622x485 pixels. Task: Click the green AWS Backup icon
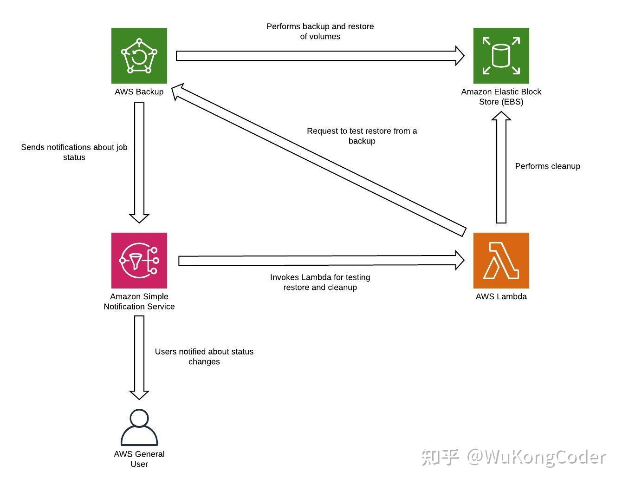[139, 56]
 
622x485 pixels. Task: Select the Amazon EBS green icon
[501, 56]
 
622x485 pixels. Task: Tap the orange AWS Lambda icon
[501, 261]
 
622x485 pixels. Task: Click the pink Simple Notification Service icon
[139, 261]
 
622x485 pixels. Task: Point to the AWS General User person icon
[139, 427]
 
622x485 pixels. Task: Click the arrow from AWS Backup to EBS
[320, 56]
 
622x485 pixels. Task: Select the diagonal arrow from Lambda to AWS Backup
[318, 159]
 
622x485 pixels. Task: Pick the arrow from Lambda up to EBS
[501, 167]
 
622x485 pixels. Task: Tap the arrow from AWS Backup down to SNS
[139, 163]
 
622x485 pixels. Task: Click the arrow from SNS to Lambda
[321, 261]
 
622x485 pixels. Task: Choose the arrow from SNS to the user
[139, 358]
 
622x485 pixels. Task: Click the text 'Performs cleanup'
[547, 166]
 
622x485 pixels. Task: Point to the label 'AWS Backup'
[139, 92]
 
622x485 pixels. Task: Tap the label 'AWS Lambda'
[501, 296]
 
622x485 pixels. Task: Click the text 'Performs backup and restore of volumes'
[320, 32]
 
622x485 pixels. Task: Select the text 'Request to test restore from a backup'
[362, 136]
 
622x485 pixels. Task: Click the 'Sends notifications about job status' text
[74, 152]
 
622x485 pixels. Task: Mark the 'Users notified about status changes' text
[204, 357]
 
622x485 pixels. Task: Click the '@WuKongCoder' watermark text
[537, 457]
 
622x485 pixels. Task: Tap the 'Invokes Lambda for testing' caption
[320, 277]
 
